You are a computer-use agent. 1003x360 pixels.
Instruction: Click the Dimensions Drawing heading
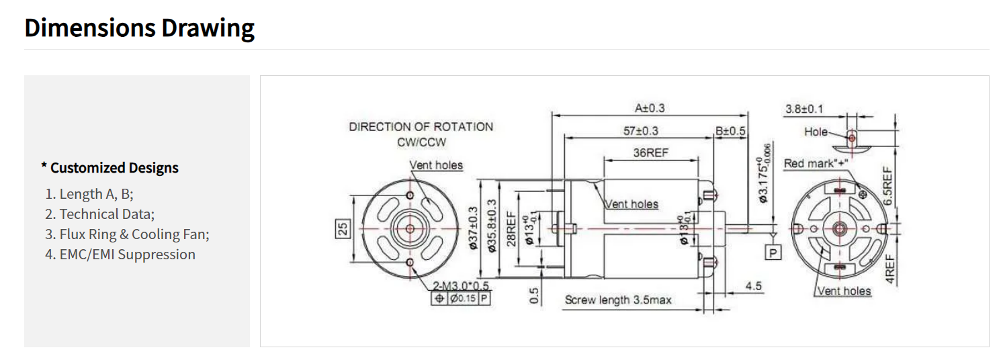click(139, 28)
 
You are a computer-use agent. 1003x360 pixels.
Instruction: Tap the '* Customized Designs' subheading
click(110, 168)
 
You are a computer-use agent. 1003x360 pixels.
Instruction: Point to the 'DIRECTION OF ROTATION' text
click(421, 127)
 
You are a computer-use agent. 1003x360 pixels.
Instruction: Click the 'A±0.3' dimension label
click(650, 108)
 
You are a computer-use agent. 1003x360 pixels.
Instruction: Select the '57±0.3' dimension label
click(641, 131)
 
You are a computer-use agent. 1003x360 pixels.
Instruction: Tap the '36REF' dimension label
click(650, 152)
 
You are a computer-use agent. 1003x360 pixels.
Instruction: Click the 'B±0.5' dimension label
click(730, 131)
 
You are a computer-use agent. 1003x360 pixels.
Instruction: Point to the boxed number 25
click(343, 229)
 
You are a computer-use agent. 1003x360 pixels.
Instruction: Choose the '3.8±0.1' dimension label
click(804, 109)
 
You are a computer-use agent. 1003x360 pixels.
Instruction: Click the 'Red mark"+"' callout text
click(816, 163)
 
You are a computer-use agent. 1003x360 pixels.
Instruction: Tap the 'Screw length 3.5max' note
click(618, 300)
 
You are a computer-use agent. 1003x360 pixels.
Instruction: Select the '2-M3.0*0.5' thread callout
click(461, 285)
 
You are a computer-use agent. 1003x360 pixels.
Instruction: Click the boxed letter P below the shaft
click(773, 253)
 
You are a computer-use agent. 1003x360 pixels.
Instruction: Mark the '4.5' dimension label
click(754, 285)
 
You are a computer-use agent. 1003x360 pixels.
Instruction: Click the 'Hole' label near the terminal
click(816, 132)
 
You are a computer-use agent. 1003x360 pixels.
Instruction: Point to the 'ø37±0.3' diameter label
click(474, 228)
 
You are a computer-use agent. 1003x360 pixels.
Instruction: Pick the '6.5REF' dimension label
click(888, 186)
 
